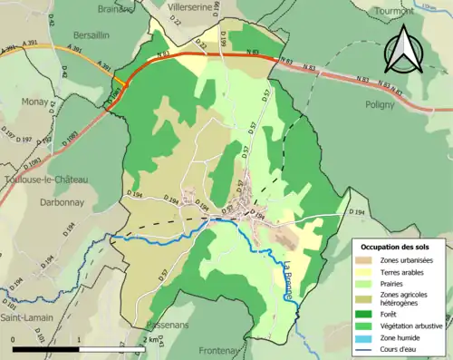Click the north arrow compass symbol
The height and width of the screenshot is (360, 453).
402,49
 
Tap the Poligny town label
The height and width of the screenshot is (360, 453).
381,104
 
